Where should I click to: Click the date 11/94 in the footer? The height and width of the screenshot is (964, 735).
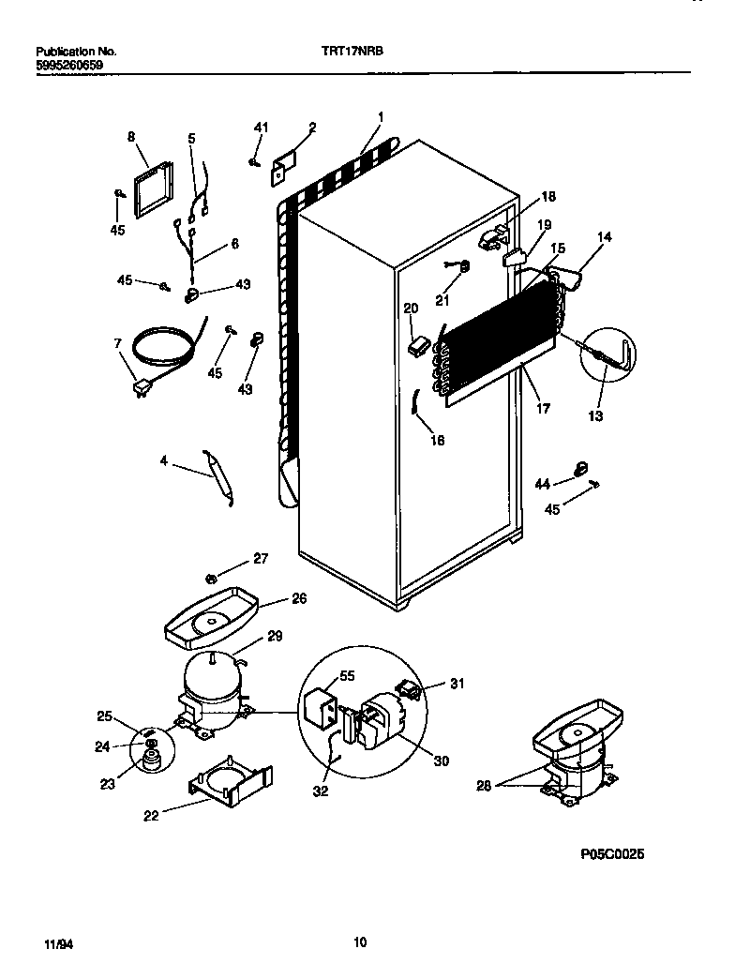57,942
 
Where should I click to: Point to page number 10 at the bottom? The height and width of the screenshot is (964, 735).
360,942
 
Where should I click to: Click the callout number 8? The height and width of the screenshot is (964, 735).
130,137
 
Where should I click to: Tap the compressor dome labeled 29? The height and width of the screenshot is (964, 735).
212,678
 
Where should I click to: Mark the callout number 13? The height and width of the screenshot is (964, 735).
595,415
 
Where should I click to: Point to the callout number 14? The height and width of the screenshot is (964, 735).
604,237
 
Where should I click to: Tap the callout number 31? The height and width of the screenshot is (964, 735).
457,684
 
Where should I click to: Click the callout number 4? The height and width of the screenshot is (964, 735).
164,460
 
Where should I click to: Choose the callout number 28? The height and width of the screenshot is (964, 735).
483,786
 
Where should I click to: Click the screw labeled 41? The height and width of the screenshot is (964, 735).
255,161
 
